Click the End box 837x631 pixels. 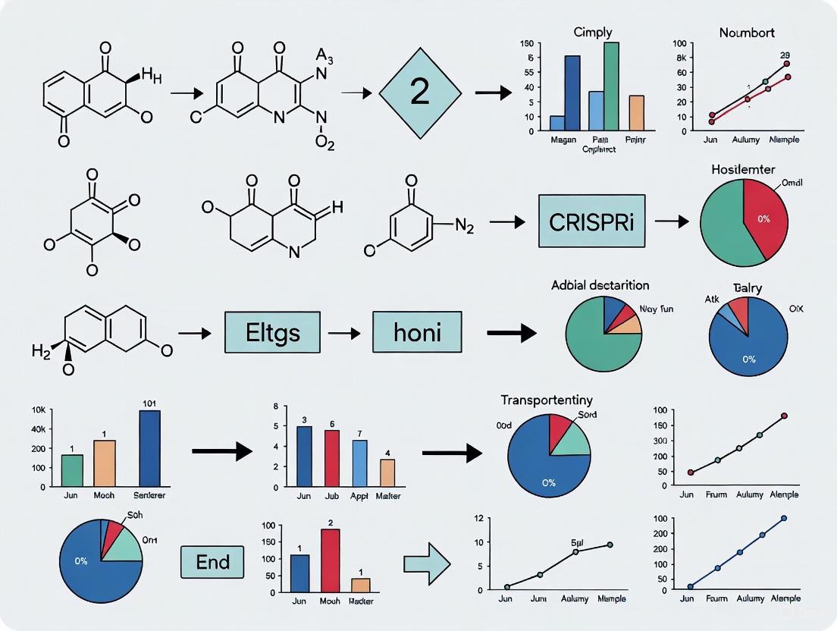[x=212, y=563]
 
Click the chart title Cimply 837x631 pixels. [x=593, y=32]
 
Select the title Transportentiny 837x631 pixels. [x=547, y=399]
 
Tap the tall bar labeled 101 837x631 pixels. [x=149, y=447]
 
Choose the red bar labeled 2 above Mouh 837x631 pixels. [x=330, y=560]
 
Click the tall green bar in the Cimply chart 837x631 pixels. [x=610, y=86]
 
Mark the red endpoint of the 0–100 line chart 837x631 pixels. [x=784, y=416]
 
